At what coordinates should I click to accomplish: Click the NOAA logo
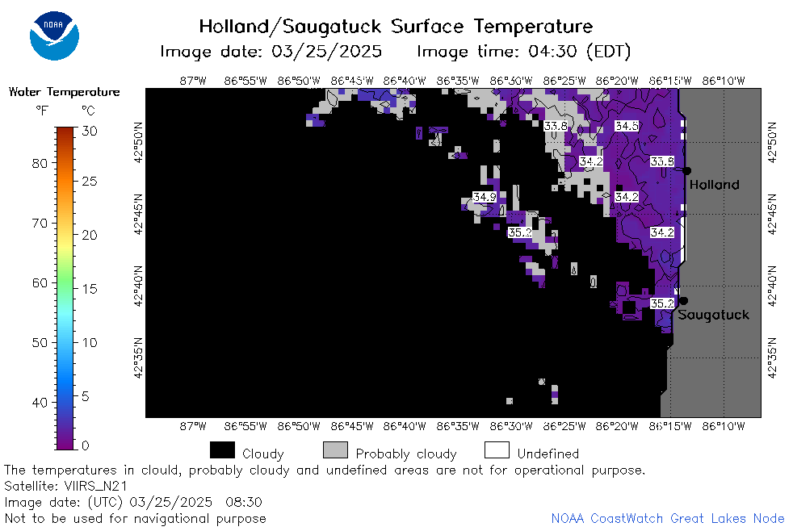(55, 36)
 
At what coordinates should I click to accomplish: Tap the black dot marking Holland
(686, 171)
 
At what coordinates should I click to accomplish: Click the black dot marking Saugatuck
(683, 301)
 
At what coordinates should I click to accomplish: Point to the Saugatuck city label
(713, 315)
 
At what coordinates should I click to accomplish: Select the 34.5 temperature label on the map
(627, 126)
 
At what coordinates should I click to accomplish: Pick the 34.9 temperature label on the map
(485, 197)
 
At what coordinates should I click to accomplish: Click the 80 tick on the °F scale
(40, 163)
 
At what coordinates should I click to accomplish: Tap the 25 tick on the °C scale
(89, 181)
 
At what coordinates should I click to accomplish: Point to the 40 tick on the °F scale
(40, 403)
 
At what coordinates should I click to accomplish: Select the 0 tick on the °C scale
(86, 445)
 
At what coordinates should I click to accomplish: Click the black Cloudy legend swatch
(222, 449)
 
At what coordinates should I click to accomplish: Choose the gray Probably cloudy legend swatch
(335, 449)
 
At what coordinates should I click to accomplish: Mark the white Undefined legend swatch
(497, 449)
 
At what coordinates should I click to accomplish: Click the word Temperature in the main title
(533, 27)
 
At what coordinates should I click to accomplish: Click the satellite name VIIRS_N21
(95, 486)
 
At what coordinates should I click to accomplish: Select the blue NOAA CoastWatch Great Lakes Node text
(668, 518)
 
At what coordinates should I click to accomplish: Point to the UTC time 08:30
(244, 502)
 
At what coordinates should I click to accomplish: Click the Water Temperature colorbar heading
(65, 92)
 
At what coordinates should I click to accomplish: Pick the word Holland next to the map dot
(714, 185)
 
